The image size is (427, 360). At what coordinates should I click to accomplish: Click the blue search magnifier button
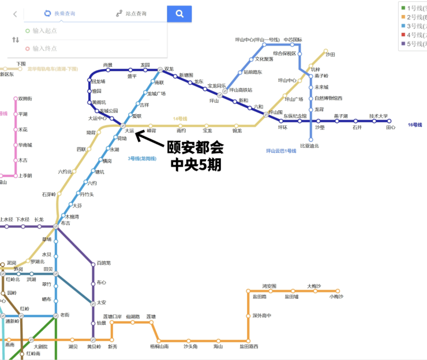(x=179, y=13)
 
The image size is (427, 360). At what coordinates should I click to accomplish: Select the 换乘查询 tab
(x=60, y=13)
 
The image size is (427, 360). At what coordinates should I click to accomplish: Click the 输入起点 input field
(x=46, y=31)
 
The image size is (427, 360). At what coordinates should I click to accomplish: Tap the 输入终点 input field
(x=46, y=48)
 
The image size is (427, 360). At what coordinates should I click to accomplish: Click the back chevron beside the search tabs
(x=15, y=13)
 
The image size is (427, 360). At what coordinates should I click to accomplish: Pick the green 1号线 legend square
(x=403, y=8)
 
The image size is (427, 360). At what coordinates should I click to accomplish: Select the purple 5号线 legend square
(x=403, y=43)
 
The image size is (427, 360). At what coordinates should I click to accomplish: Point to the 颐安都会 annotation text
(x=194, y=148)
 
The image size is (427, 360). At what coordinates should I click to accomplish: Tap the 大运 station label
(x=129, y=131)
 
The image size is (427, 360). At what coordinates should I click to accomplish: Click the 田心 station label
(x=391, y=127)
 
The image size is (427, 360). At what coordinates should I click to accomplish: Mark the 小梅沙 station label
(x=336, y=297)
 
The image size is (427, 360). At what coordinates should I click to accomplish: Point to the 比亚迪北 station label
(x=310, y=146)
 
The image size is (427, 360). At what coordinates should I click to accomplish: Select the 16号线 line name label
(x=414, y=125)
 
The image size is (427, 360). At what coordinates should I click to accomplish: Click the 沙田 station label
(x=330, y=54)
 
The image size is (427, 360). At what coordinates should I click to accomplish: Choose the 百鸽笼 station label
(x=104, y=263)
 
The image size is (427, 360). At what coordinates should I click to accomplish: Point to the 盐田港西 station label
(x=249, y=346)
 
